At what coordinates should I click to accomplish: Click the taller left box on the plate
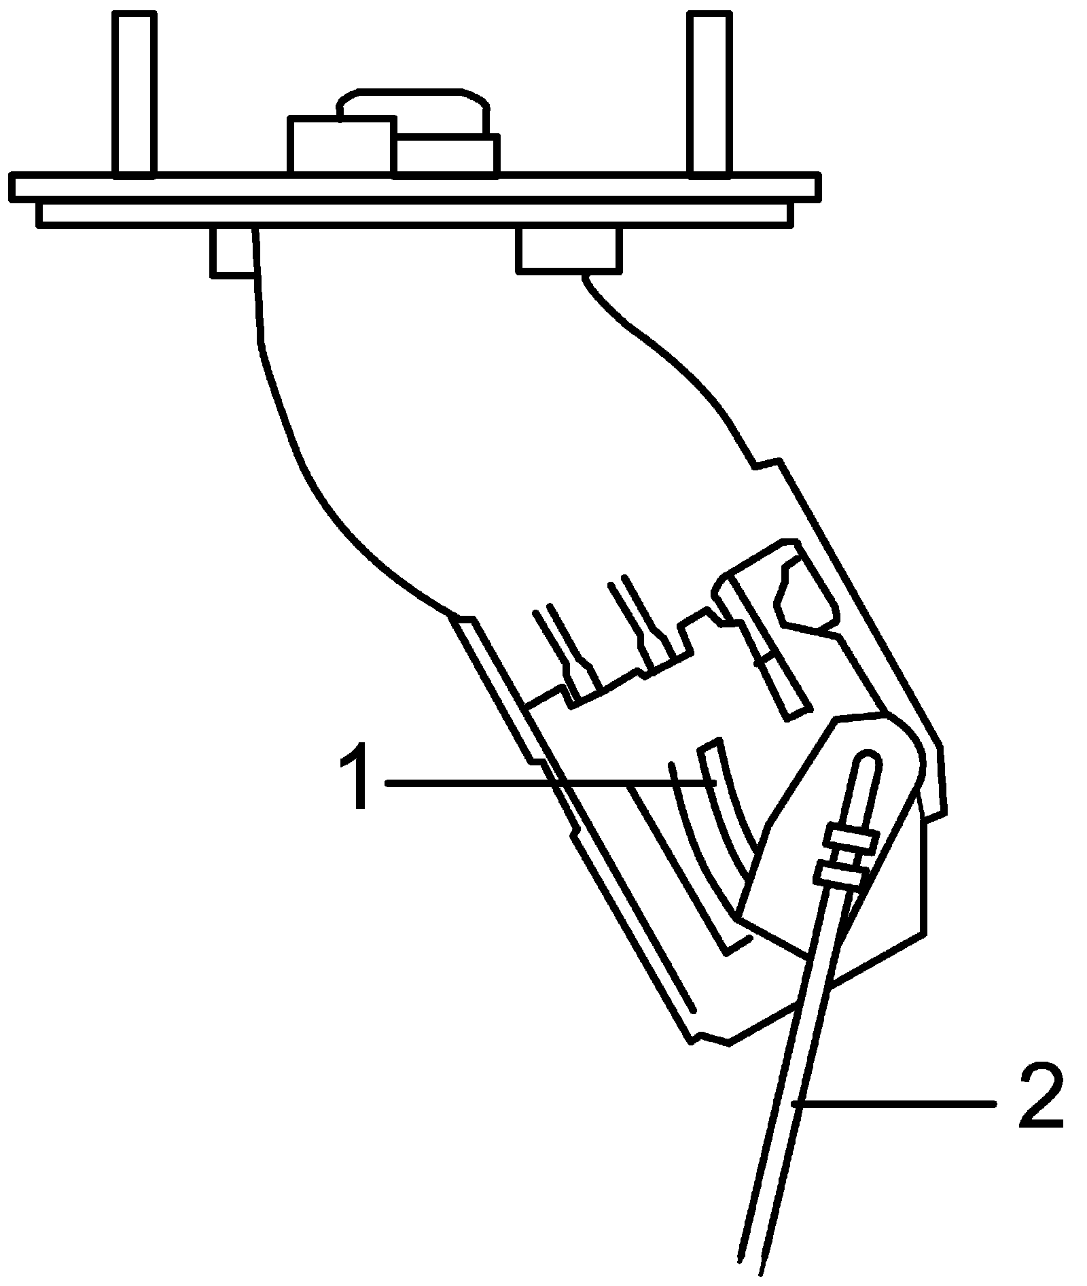(340, 145)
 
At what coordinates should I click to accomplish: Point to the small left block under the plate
(233, 252)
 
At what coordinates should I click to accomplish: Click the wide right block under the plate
(568, 249)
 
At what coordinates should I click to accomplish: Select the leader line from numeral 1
(543, 783)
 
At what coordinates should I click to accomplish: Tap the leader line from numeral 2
(897, 1105)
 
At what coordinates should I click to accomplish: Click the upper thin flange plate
(414, 188)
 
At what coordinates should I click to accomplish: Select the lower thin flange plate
(414, 213)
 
